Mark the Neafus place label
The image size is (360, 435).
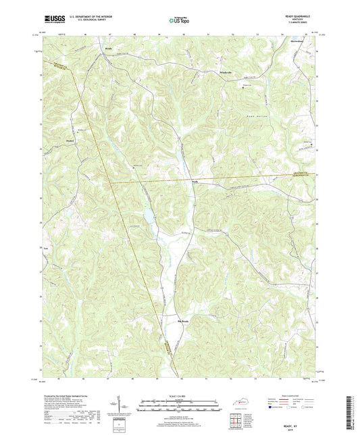(194, 181)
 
